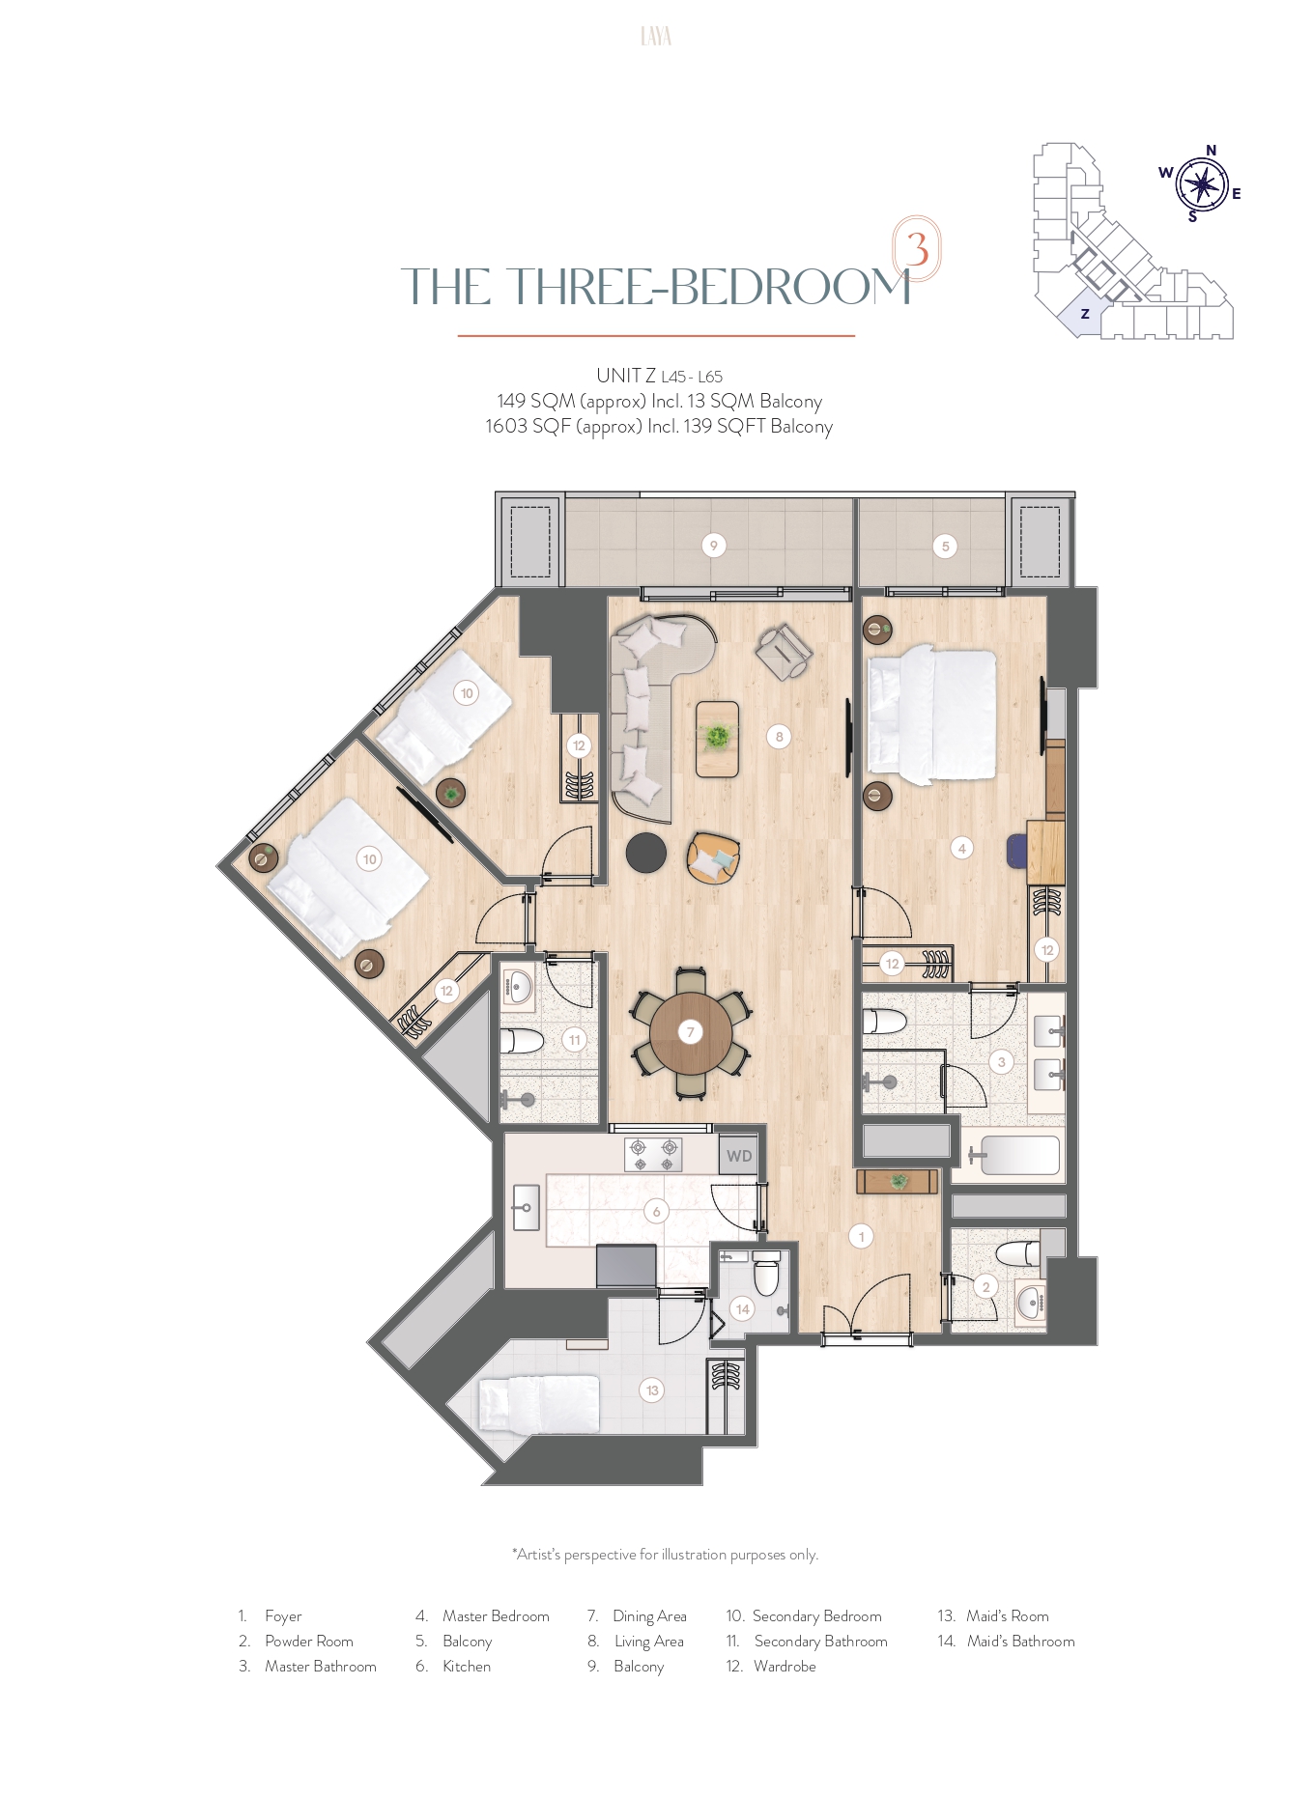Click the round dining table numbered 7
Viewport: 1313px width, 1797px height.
691,1032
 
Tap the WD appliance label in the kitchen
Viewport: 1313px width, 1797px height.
739,1156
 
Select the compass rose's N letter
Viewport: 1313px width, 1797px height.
1211,151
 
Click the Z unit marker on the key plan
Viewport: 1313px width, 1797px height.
1085,314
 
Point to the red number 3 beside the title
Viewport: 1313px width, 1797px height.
917,248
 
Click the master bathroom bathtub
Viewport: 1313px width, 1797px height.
1020,1155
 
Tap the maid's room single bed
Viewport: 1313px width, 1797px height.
541,1405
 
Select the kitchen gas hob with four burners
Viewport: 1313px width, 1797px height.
654,1154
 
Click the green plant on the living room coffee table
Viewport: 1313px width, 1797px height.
717,737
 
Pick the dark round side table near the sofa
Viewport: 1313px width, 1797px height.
645,853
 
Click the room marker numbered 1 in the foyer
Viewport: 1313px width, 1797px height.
862,1235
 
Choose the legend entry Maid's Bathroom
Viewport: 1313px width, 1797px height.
1020,1642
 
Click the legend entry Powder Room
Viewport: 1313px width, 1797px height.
309,1642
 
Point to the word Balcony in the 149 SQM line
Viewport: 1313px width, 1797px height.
790,402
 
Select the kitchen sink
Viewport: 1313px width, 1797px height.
526,1208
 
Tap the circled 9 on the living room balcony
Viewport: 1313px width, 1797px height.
714,546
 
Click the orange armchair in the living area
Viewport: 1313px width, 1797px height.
713,857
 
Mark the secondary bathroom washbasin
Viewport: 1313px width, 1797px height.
518,987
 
